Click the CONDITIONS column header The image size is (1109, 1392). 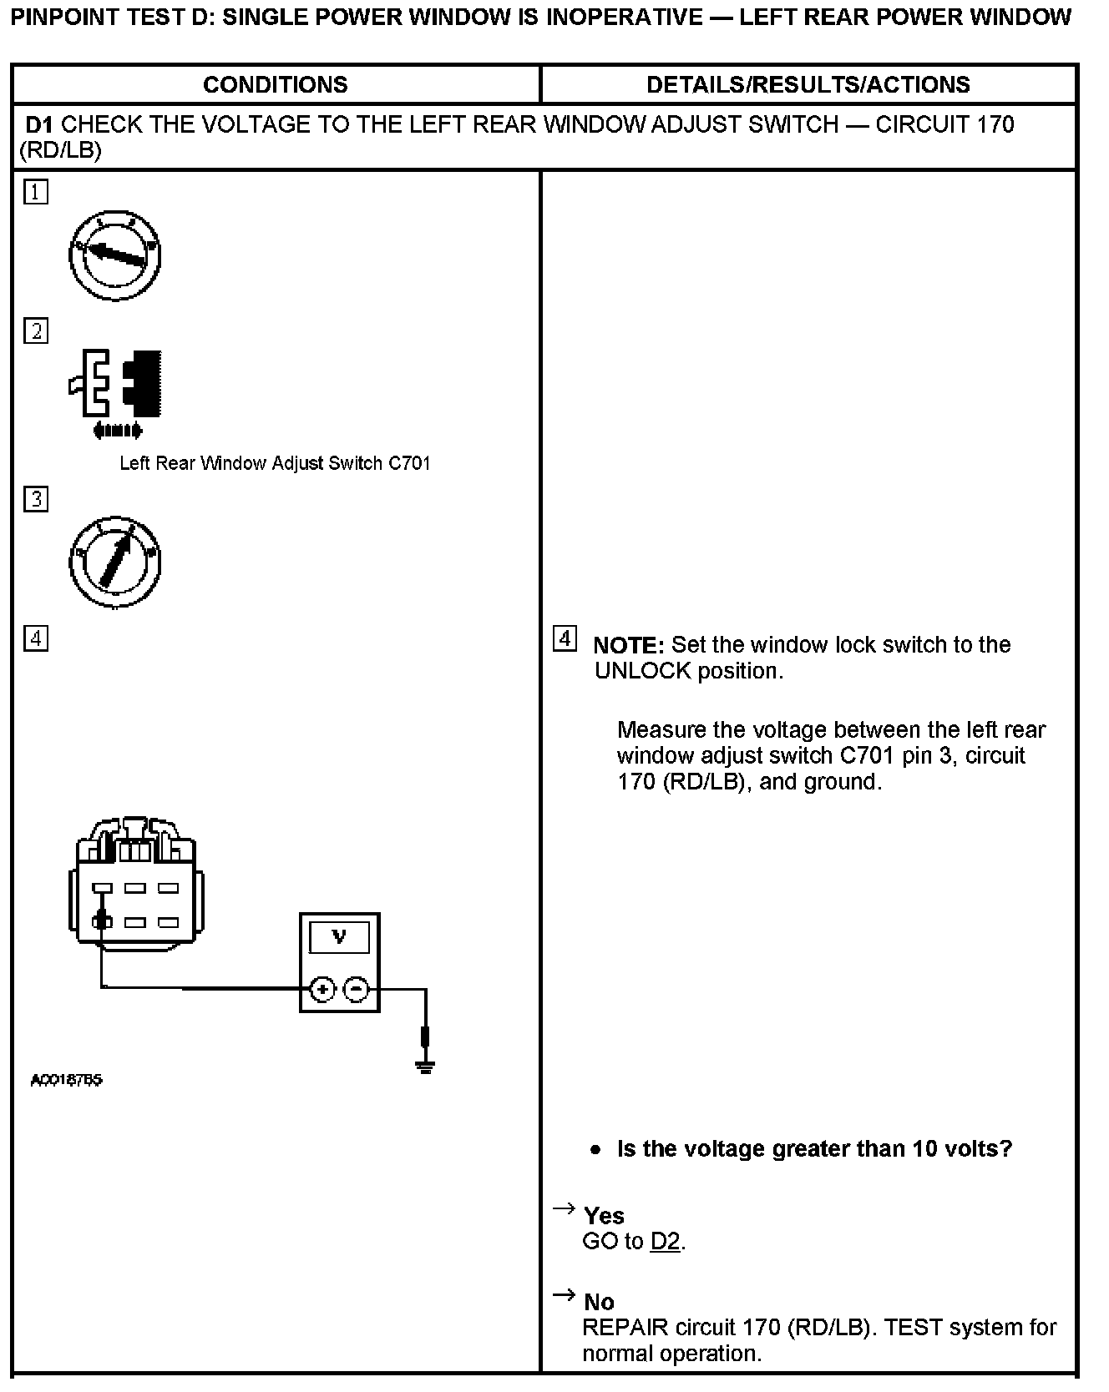pyautogui.click(x=275, y=84)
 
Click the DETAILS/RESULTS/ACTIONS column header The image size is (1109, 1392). pyautogui.click(x=808, y=84)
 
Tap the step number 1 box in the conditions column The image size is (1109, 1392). pyautogui.click(x=36, y=192)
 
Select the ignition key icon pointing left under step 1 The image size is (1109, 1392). pyautogui.click(x=115, y=255)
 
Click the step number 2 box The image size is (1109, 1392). pyautogui.click(x=36, y=331)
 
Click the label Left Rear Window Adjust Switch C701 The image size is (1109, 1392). pyautogui.click(x=275, y=463)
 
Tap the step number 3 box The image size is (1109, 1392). pyautogui.click(x=36, y=499)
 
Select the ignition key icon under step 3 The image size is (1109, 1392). pyautogui.click(x=115, y=562)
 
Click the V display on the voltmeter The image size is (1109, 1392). pyautogui.click(x=339, y=937)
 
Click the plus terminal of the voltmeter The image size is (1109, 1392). pyautogui.click(x=322, y=990)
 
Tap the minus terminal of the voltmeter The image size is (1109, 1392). pyautogui.click(x=357, y=990)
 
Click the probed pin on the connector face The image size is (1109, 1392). pyautogui.click(x=102, y=922)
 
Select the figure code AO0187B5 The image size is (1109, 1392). pyautogui.click(x=67, y=1081)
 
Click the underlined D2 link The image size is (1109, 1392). pyautogui.click(x=665, y=1242)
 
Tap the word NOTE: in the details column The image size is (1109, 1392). pyautogui.click(x=628, y=645)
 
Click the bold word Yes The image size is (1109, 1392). pyautogui.click(x=604, y=1216)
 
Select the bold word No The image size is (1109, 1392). pyautogui.click(x=599, y=1302)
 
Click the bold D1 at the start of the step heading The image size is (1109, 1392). pyautogui.click(x=39, y=125)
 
